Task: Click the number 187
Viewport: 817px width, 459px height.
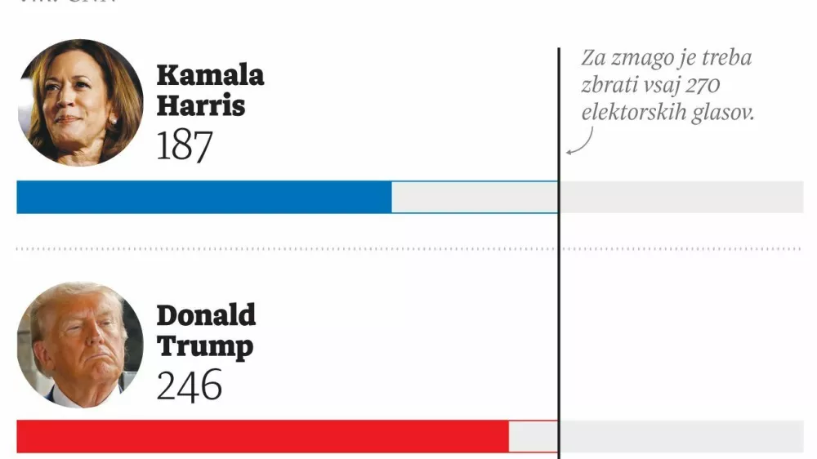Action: (x=185, y=146)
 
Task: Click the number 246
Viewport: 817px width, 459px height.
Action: (x=190, y=385)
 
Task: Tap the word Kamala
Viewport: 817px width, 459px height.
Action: (x=210, y=75)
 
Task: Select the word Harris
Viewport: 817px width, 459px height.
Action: (x=200, y=105)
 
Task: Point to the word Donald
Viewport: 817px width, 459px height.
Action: (x=206, y=315)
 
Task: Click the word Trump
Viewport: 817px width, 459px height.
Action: (x=204, y=345)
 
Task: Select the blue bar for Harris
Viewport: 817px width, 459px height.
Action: (x=204, y=197)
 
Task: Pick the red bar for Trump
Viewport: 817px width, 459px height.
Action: (x=262, y=436)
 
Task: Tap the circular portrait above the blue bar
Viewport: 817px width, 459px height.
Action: (x=80, y=102)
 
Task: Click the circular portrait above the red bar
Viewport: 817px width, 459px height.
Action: (x=80, y=345)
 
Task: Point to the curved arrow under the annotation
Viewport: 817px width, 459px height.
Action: (x=578, y=145)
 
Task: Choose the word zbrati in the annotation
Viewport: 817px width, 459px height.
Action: (x=608, y=86)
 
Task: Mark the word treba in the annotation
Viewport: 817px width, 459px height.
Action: (x=724, y=59)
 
